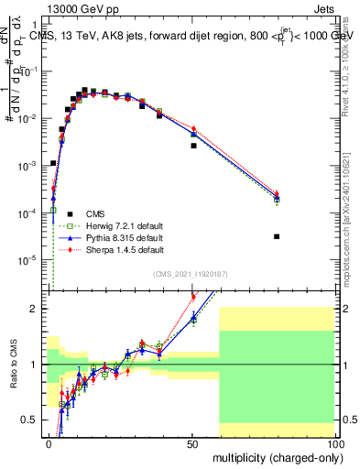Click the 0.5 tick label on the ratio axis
(x=31, y=420)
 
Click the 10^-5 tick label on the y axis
(x=28, y=259)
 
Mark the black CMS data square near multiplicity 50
(x=193, y=146)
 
